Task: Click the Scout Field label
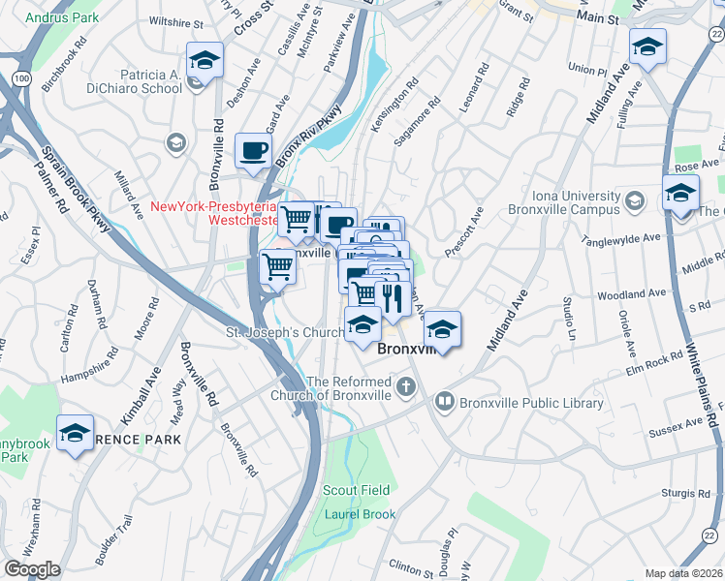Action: tap(356, 491)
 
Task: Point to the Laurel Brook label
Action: tap(360, 514)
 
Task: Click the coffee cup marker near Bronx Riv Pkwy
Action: tap(254, 151)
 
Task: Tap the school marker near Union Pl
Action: tap(646, 46)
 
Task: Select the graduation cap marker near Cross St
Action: tap(205, 60)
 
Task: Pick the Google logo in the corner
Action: tap(32, 569)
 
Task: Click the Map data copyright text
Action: tap(682, 573)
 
